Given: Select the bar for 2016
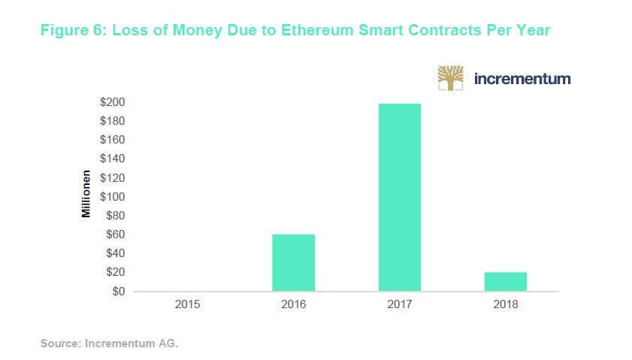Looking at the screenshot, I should (x=293, y=262).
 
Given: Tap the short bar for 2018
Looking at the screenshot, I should (x=505, y=281).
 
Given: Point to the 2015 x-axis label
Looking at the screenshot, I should (x=187, y=305).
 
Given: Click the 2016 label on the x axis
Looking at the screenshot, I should (x=293, y=305).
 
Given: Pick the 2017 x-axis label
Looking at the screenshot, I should (x=399, y=305).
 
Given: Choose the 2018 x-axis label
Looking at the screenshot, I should (x=505, y=305).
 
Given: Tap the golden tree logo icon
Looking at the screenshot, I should (x=451, y=78).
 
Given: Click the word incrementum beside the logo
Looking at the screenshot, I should (x=522, y=78).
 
